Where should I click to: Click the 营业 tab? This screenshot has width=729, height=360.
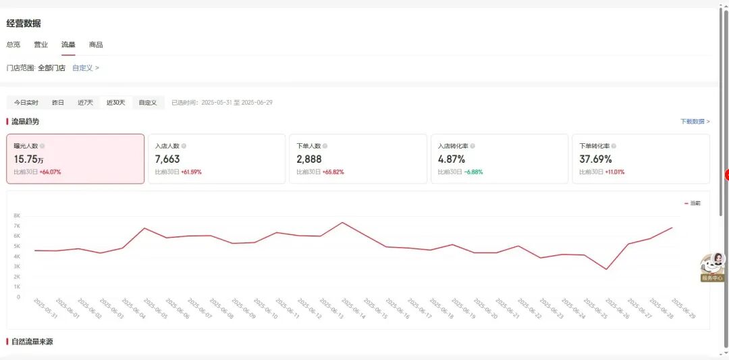click(40, 45)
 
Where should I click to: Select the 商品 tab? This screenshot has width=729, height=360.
click(96, 45)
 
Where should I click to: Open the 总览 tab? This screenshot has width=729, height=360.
click(13, 45)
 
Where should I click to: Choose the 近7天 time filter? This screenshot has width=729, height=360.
click(85, 103)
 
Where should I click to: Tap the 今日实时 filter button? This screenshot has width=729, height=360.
click(26, 103)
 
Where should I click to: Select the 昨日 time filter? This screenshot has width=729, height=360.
click(58, 103)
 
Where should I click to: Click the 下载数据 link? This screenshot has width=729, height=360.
click(695, 122)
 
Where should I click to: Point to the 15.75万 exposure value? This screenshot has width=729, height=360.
click(29, 159)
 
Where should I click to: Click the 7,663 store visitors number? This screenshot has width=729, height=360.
click(167, 159)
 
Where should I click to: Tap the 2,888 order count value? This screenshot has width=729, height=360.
click(309, 159)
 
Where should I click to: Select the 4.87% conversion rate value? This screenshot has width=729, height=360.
click(452, 159)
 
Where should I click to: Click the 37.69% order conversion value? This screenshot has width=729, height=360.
click(595, 159)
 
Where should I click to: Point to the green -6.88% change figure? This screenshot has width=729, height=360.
click(473, 172)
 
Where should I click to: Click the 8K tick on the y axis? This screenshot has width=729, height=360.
click(17, 215)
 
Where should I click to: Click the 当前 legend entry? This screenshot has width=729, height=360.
click(693, 203)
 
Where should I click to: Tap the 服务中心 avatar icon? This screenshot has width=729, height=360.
click(713, 264)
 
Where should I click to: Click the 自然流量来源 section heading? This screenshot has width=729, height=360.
click(32, 342)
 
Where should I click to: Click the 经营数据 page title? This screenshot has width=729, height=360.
click(24, 24)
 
